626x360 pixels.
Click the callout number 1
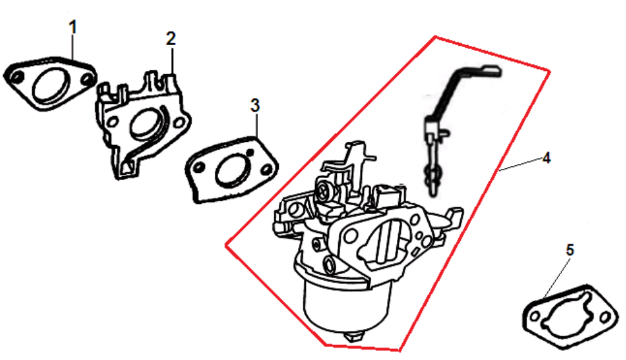coord(73,28)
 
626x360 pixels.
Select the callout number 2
coord(171,39)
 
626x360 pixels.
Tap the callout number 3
coord(255,105)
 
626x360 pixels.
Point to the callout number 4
coord(547,158)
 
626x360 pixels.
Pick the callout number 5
coord(570,250)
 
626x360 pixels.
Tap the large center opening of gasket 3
coord(232,171)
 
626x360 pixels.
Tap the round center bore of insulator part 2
coord(145,124)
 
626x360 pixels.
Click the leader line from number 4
coord(521,165)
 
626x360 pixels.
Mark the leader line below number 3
coord(256,126)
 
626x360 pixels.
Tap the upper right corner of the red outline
coord(550,72)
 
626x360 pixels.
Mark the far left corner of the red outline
coord(227,245)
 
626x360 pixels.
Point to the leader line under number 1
coord(73,48)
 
